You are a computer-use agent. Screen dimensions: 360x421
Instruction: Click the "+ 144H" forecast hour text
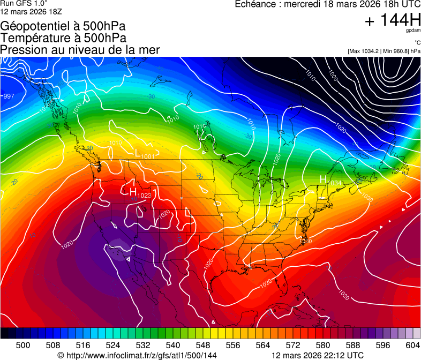pos(392,20)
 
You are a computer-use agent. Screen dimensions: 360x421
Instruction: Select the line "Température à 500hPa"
pos(63,38)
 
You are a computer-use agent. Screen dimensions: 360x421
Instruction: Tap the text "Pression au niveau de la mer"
pos(80,50)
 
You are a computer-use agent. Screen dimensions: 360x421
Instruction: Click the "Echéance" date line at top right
pos(328,4)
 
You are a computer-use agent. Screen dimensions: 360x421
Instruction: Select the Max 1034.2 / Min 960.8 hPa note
pos(384,51)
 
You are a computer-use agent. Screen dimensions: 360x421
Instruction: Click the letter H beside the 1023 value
pos(133,190)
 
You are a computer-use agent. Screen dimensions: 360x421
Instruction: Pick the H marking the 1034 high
pos(323,179)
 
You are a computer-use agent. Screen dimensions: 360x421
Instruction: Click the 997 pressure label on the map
pos(9,96)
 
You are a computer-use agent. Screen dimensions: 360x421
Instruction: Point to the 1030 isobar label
pos(367,198)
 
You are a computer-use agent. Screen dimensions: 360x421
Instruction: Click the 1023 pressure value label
pos(144,196)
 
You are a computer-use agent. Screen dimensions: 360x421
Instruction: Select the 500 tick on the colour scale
pos(23,344)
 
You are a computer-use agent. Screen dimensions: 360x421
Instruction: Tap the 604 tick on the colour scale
pos(412,344)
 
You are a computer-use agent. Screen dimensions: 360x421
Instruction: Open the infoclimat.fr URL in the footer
pos(137,355)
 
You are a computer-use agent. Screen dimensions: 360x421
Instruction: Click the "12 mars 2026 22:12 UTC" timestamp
pos(318,355)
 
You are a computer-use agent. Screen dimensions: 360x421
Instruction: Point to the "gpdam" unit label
pos(413,31)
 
